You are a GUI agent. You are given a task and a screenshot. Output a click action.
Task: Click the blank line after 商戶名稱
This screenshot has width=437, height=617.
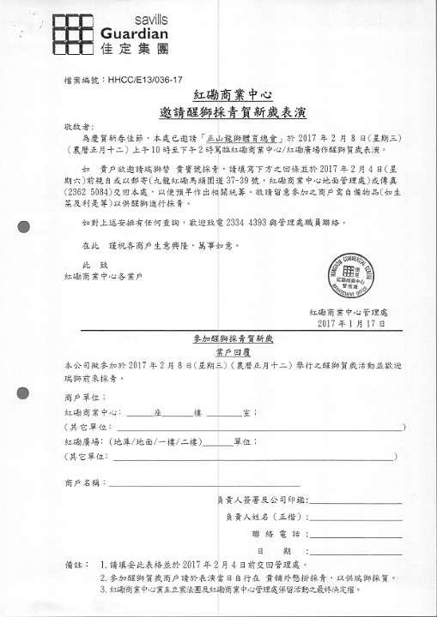point(163,484)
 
